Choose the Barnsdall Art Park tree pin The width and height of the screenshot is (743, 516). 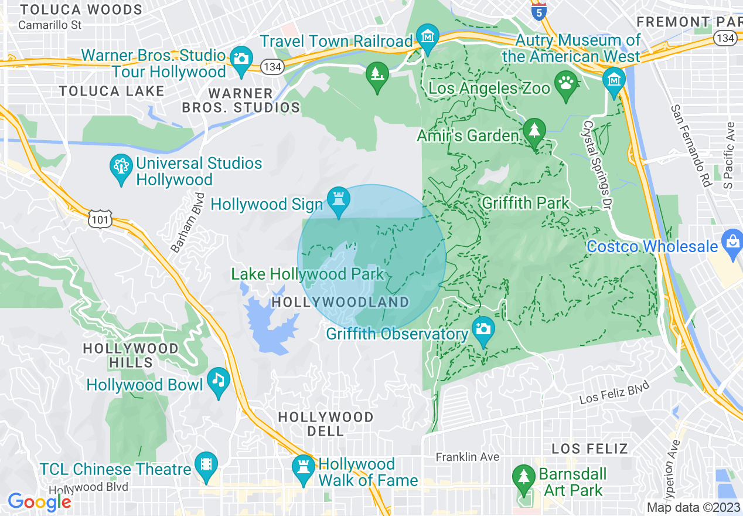(523, 477)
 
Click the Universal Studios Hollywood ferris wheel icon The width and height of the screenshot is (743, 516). (121, 168)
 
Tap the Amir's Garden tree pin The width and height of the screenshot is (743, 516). (534, 131)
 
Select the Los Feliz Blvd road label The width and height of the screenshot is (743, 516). (615, 392)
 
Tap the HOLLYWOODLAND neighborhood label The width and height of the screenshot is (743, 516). (340, 303)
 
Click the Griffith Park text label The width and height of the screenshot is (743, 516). (525, 203)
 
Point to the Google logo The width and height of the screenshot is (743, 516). (39, 502)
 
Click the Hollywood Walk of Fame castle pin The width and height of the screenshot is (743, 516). (304, 469)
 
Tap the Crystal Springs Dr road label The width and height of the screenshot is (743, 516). (597, 159)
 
